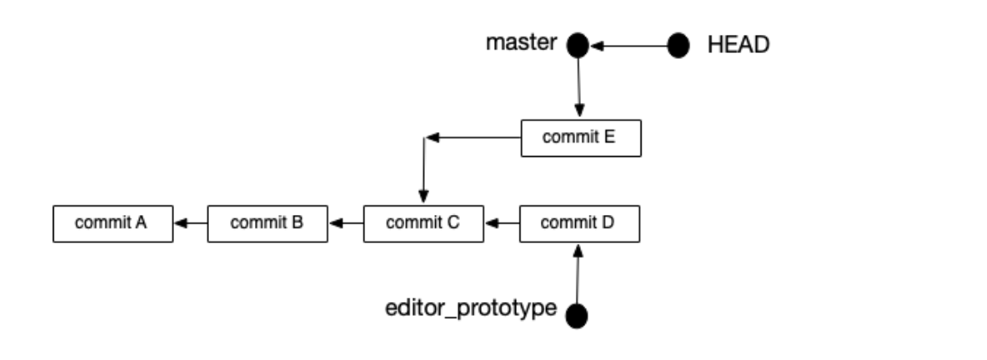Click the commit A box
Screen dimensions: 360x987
coord(113,224)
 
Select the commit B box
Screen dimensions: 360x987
coord(268,224)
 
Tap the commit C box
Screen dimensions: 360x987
coord(423,224)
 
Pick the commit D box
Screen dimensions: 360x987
coord(579,224)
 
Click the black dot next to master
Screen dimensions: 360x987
coord(578,46)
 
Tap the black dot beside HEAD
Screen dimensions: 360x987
coord(678,46)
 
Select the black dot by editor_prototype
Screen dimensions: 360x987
coord(578,316)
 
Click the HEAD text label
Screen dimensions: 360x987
coord(738,45)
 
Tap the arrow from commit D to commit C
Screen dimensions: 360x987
coord(502,224)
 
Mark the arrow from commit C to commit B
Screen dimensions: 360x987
coord(345,224)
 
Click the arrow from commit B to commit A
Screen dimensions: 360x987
coord(190,224)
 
